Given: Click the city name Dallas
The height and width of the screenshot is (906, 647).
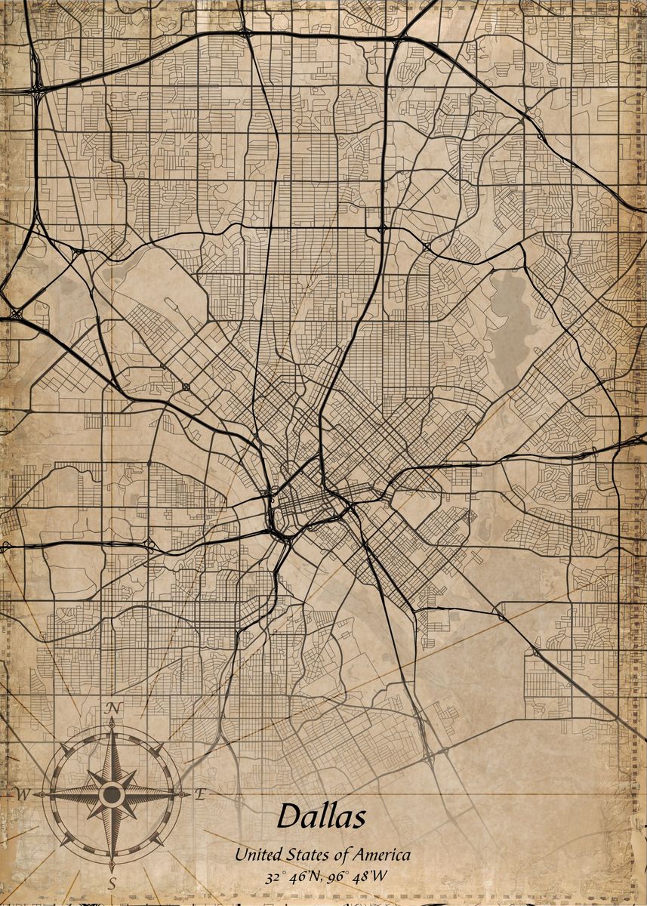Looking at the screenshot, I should [x=322, y=816].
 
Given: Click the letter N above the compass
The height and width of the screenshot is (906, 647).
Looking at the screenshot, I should [x=114, y=707].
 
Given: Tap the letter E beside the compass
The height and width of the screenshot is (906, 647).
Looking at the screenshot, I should [x=200, y=794].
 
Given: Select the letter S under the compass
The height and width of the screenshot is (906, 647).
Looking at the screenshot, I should [x=112, y=883].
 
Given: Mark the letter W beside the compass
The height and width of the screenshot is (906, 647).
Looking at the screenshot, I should [x=23, y=794].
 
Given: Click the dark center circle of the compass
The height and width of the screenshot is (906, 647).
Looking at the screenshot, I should [x=112, y=794].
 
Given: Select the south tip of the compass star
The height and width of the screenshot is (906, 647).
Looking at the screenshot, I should [x=112, y=868].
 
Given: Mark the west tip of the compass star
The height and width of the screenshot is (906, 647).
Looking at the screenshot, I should [x=36, y=794].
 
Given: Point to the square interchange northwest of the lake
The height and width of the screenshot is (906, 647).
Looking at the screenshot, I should [x=427, y=247].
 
